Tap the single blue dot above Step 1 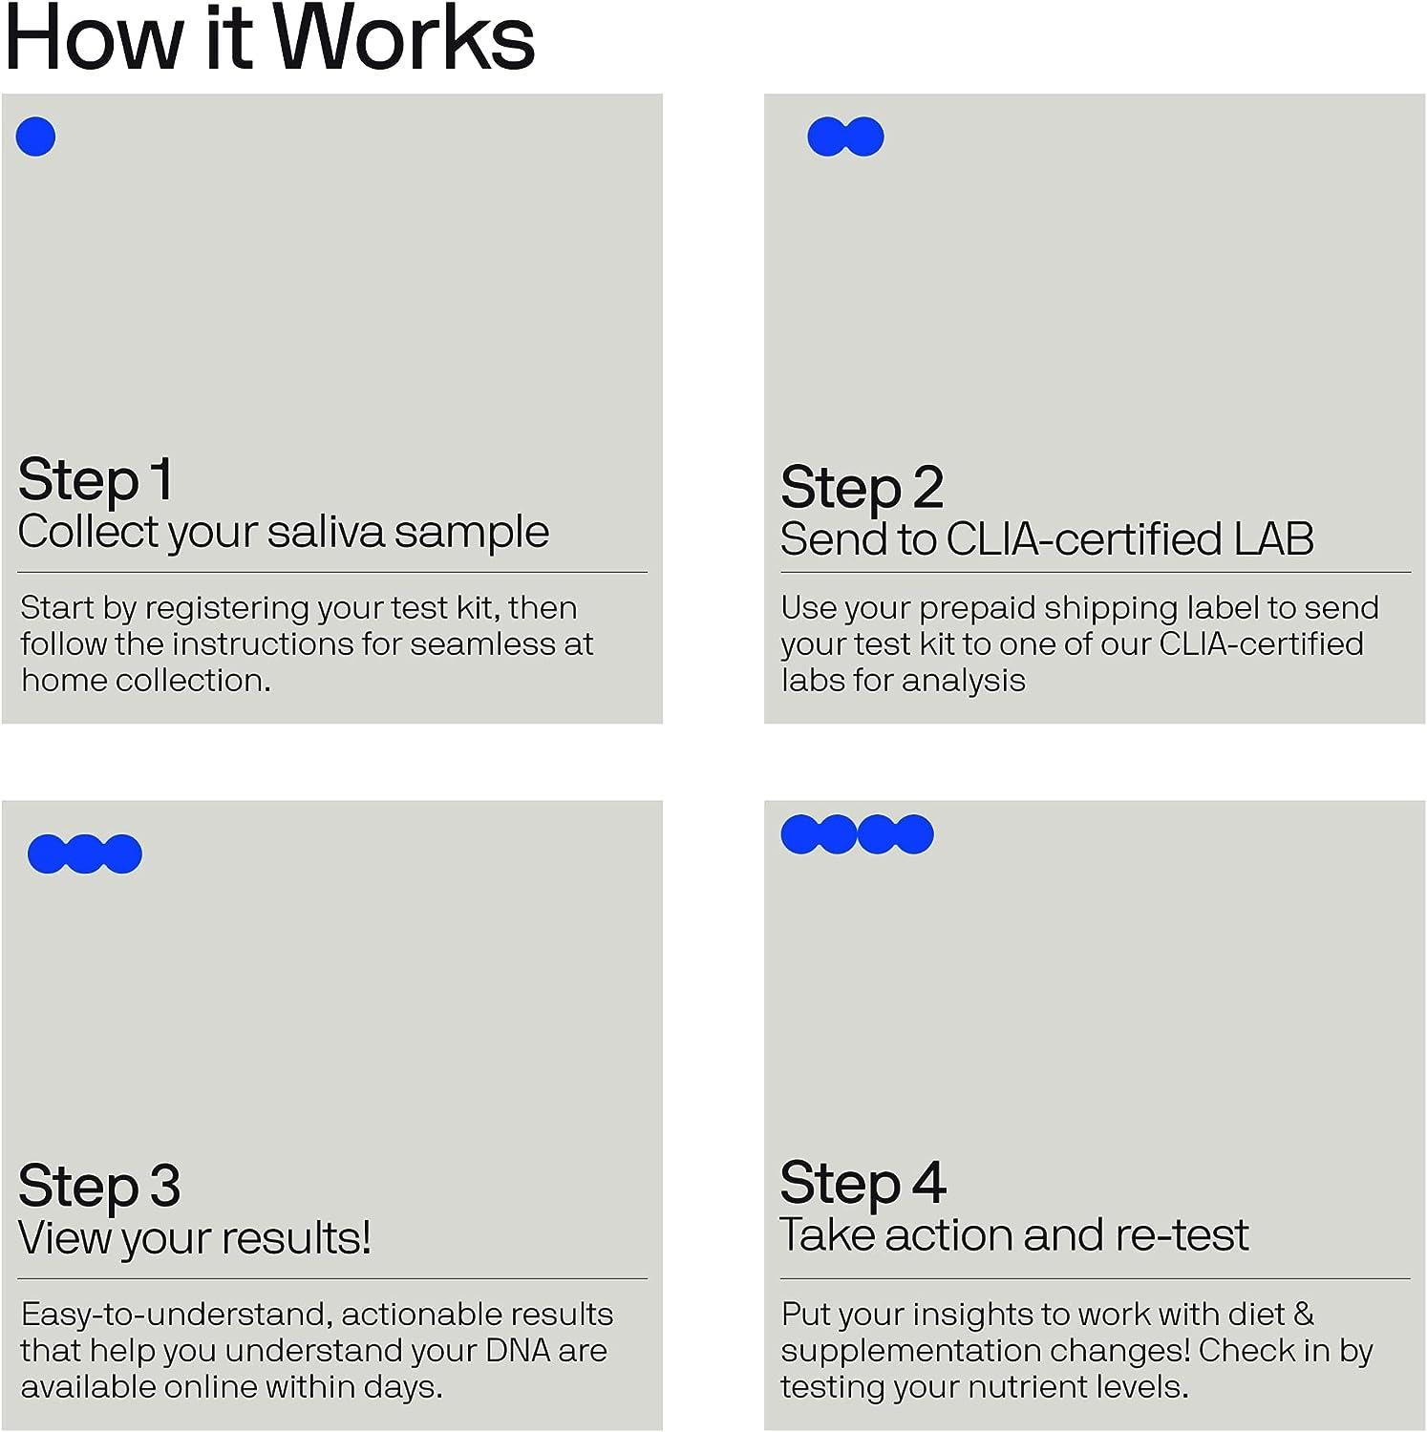pos(36,137)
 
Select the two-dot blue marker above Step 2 pos(845,137)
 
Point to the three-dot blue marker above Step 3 pos(85,853)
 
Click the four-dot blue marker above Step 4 pos(857,833)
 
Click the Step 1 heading pos(96,479)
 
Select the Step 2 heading pos(862,487)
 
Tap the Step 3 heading pos(99,1186)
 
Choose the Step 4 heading pos(863,1183)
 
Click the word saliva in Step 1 pos(327,532)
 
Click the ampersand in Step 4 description pos(1303,1315)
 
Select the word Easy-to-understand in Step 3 pos(177,1315)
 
